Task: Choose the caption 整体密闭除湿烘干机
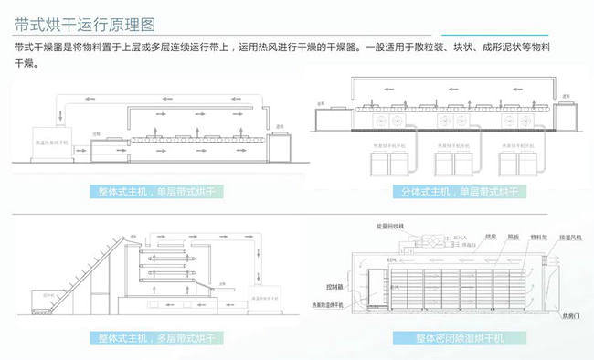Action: coord(446,338)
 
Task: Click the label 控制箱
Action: coord(350,283)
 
